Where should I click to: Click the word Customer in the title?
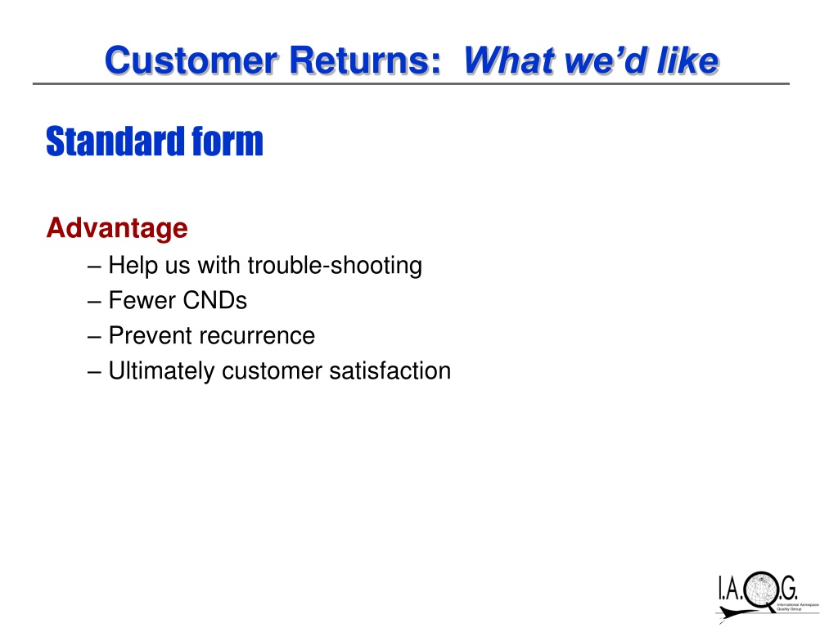click(191, 60)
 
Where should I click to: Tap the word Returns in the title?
click(365, 60)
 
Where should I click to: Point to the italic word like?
click(687, 60)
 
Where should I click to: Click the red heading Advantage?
click(117, 229)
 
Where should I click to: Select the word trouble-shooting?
click(335, 266)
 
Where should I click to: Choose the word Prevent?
click(151, 335)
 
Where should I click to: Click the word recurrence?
click(257, 336)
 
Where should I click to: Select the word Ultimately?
click(161, 371)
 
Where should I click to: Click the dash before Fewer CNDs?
click(94, 302)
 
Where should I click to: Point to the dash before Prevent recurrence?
click(94, 337)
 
